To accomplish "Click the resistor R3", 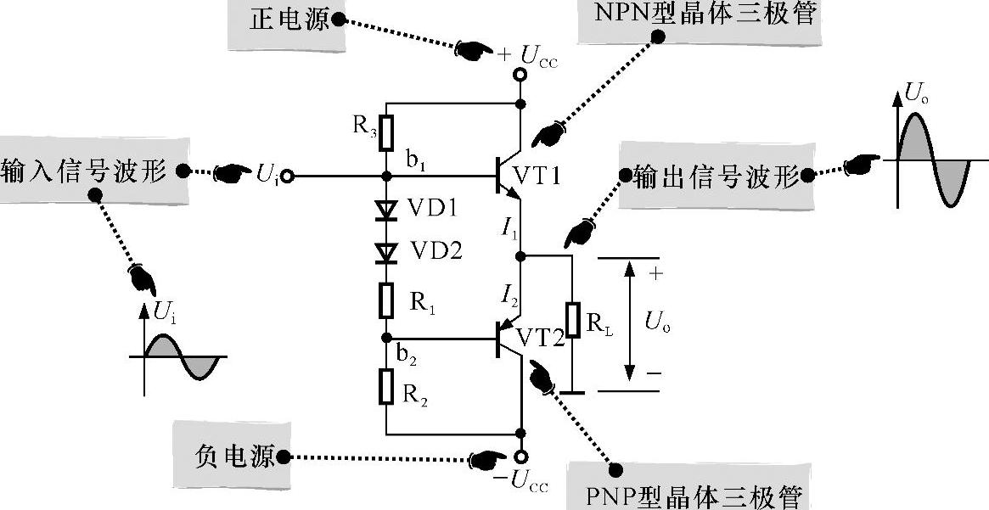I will (x=386, y=132).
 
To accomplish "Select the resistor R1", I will (x=386, y=300).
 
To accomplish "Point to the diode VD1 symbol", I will (x=386, y=209).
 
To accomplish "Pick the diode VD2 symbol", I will (x=386, y=252).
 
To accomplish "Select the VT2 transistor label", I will (x=541, y=338).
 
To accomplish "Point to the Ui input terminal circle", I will (x=288, y=177).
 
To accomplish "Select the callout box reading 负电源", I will (x=228, y=457).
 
